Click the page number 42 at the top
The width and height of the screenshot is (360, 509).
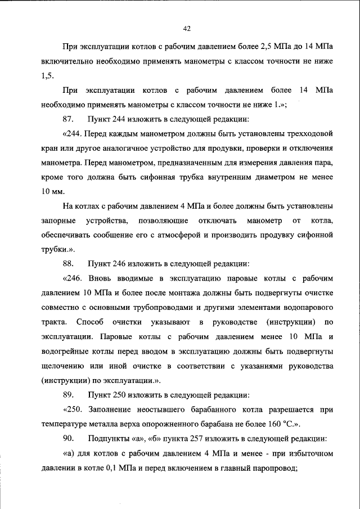click(187, 29)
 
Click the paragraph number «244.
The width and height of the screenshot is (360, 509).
click(75, 134)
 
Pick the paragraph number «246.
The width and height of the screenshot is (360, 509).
click(75, 278)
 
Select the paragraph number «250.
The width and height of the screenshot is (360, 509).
click(75, 409)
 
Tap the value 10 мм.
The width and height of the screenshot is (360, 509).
click(53, 192)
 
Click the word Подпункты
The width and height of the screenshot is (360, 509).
click(111, 438)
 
